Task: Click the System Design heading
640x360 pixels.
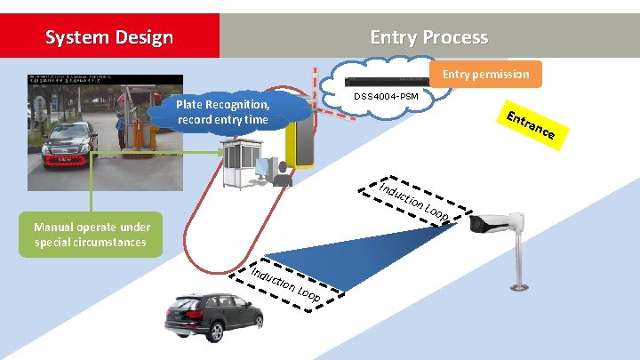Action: point(109,37)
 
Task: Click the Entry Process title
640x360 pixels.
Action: point(428,37)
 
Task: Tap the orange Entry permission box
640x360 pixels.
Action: point(485,74)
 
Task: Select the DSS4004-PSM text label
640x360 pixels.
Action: point(386,95)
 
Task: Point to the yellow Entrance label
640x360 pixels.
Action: point(532,127)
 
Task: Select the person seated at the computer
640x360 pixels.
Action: point(283,173)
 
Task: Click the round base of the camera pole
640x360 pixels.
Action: point(517,287)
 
